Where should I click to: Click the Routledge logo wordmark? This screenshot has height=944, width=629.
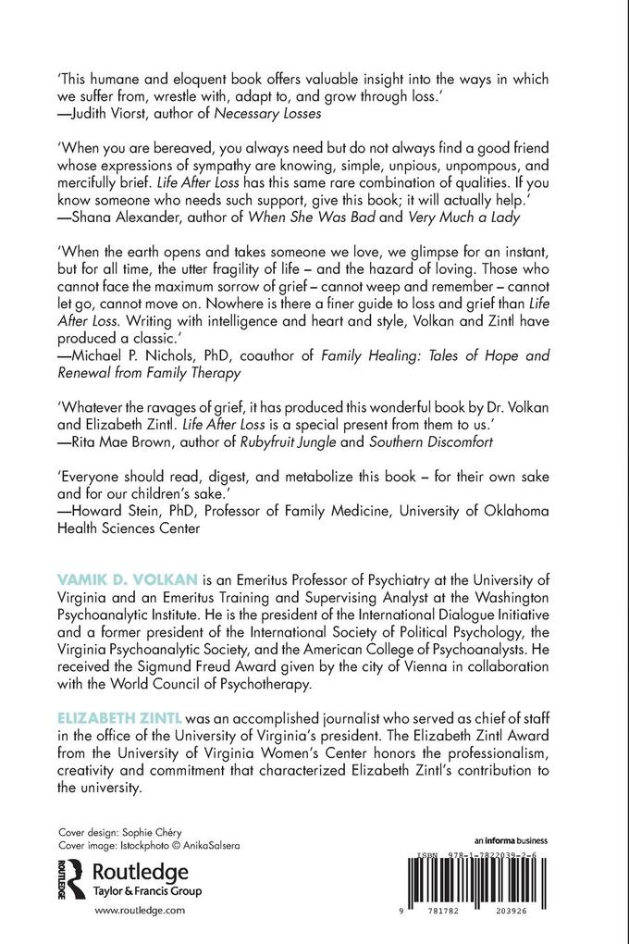pyautogui.click(x=139, y=872)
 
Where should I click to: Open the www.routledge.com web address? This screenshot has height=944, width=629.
pyautogui.click(x=140, y=912)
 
